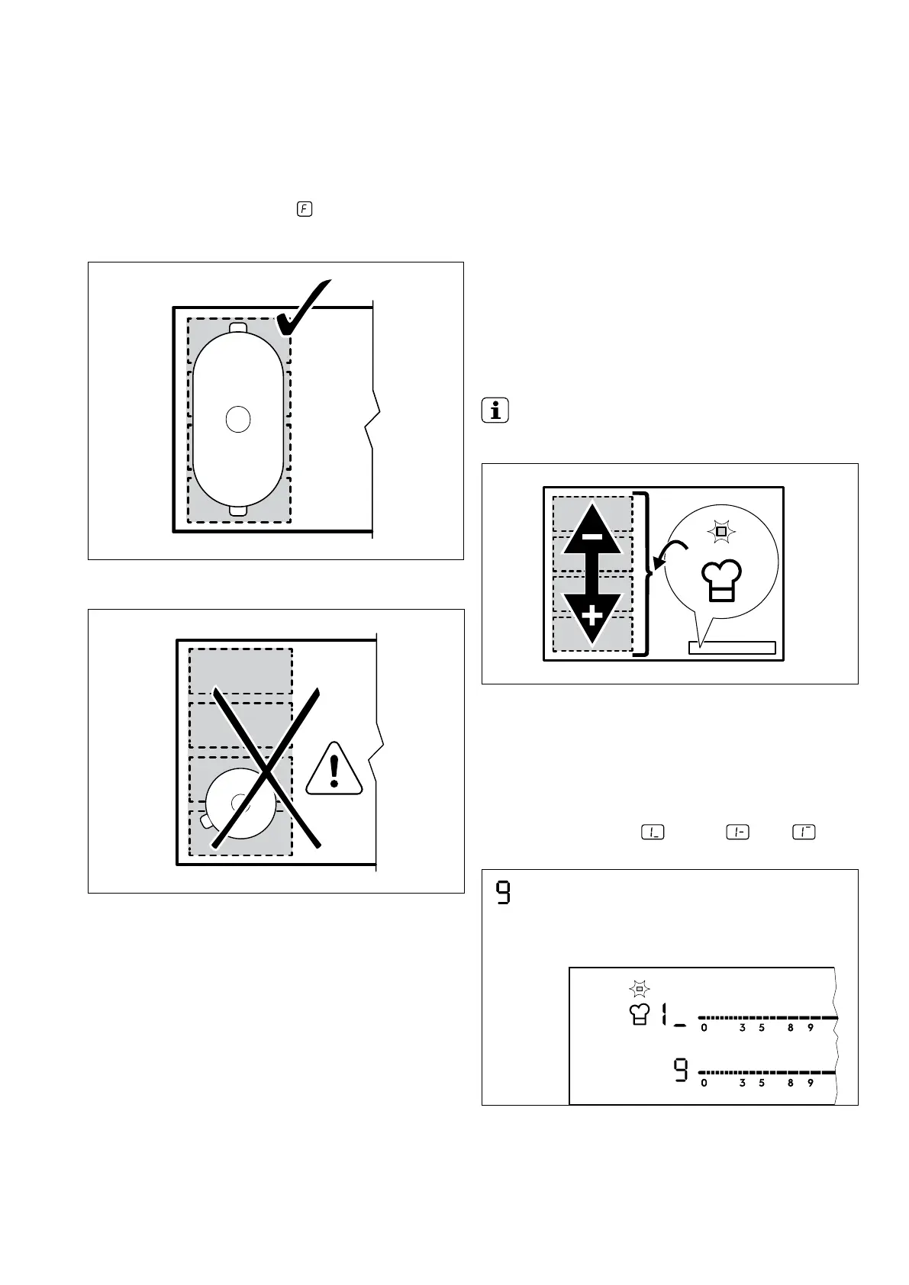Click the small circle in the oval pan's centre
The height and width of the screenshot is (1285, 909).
pos(238,419)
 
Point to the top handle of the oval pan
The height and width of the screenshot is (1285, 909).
pos(238,327)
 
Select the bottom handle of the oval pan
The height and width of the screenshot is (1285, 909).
pos(238,510)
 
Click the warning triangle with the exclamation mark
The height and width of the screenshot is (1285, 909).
pos(334,771)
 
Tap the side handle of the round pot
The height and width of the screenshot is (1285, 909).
pos(204,821)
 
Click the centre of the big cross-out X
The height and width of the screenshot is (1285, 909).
pos(266,768)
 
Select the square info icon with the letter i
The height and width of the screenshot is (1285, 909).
pos(495,412)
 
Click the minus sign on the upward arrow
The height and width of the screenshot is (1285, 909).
pos(591,536)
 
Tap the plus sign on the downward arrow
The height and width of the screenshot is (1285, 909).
pos(591,615)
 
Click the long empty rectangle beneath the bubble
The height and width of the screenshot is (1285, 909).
pos(732,648)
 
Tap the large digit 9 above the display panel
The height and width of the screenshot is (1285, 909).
pos(503,893)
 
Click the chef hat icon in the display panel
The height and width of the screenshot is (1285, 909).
pos(640,1015)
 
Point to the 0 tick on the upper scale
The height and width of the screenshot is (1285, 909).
pos(704,1028)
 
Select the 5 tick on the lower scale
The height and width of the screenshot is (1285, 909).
pos(762,1083)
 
